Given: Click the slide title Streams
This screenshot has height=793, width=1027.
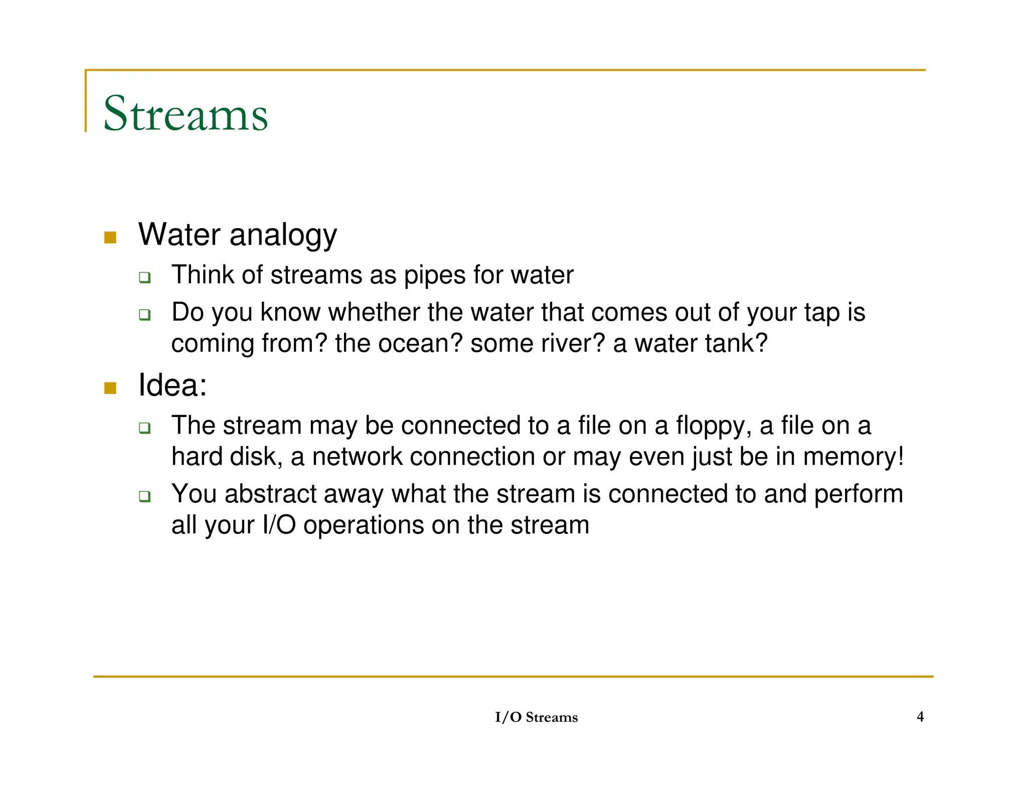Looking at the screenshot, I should (186, 114).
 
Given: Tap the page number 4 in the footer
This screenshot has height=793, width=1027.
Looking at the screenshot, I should (920, 716).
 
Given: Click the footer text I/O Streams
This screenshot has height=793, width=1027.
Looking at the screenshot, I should (536, 717).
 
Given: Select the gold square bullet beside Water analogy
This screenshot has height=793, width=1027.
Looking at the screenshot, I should (110, 237).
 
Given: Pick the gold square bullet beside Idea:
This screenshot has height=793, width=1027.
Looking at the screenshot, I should (110, 387).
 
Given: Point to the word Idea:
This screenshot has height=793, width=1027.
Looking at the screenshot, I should (173, 385).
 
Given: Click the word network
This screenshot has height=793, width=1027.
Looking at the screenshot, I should (357, 457).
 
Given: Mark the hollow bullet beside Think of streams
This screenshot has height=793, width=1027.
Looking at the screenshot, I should (145, 277).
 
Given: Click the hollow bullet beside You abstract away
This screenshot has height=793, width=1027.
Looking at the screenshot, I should (145, 496).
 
